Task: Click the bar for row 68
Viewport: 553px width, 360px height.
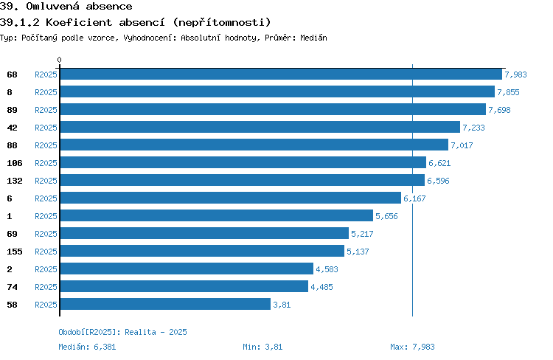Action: point(281,74)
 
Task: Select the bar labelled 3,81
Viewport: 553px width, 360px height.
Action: point(165,304)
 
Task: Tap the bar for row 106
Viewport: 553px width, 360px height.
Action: point(243,162)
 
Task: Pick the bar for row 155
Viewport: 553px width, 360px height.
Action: point(202,251)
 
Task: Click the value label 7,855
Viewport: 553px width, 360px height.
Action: point(508,92)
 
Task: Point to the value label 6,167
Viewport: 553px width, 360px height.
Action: point(414,198)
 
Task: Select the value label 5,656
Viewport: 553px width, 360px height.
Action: point(386,216)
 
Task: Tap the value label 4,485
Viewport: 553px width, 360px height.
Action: point(321,287)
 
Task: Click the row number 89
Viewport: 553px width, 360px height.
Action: point(12,110)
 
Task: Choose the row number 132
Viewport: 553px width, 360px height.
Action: point(15,181)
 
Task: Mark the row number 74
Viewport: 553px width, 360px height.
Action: point(12,287)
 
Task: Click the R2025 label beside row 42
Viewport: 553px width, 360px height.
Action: point(46,128)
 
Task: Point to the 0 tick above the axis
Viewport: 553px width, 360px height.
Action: point(59,60)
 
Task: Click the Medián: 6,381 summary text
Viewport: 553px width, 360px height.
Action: point(87,347)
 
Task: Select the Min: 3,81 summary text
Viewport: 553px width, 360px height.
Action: point(262,347)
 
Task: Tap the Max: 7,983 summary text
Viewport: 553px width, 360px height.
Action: point(412,347)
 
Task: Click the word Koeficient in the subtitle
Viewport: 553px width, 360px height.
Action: point(79,22)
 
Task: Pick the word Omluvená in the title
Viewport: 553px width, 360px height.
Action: point(52,6)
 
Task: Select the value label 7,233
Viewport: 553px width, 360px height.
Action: point(473,128)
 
